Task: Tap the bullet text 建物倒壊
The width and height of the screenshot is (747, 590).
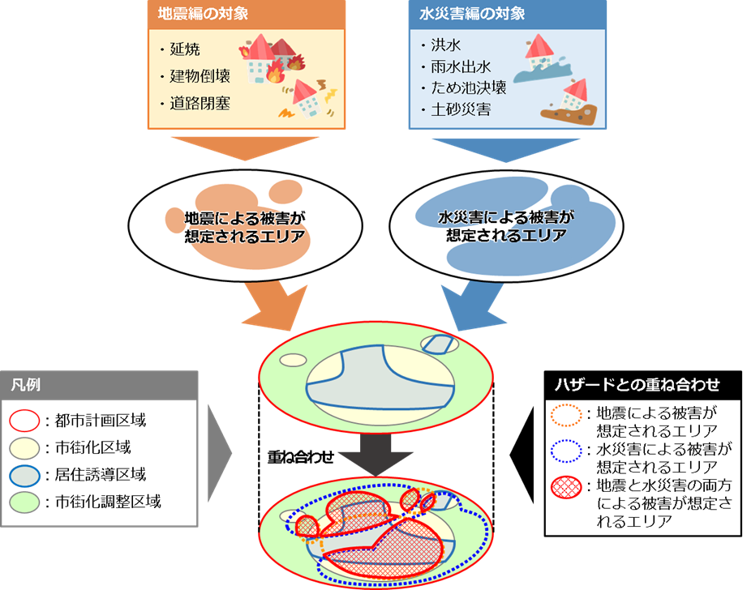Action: [x=200, y=77]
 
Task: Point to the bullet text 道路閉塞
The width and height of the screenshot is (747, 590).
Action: [x=200, y=103]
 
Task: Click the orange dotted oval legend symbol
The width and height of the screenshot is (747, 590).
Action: [x=565, y=416]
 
